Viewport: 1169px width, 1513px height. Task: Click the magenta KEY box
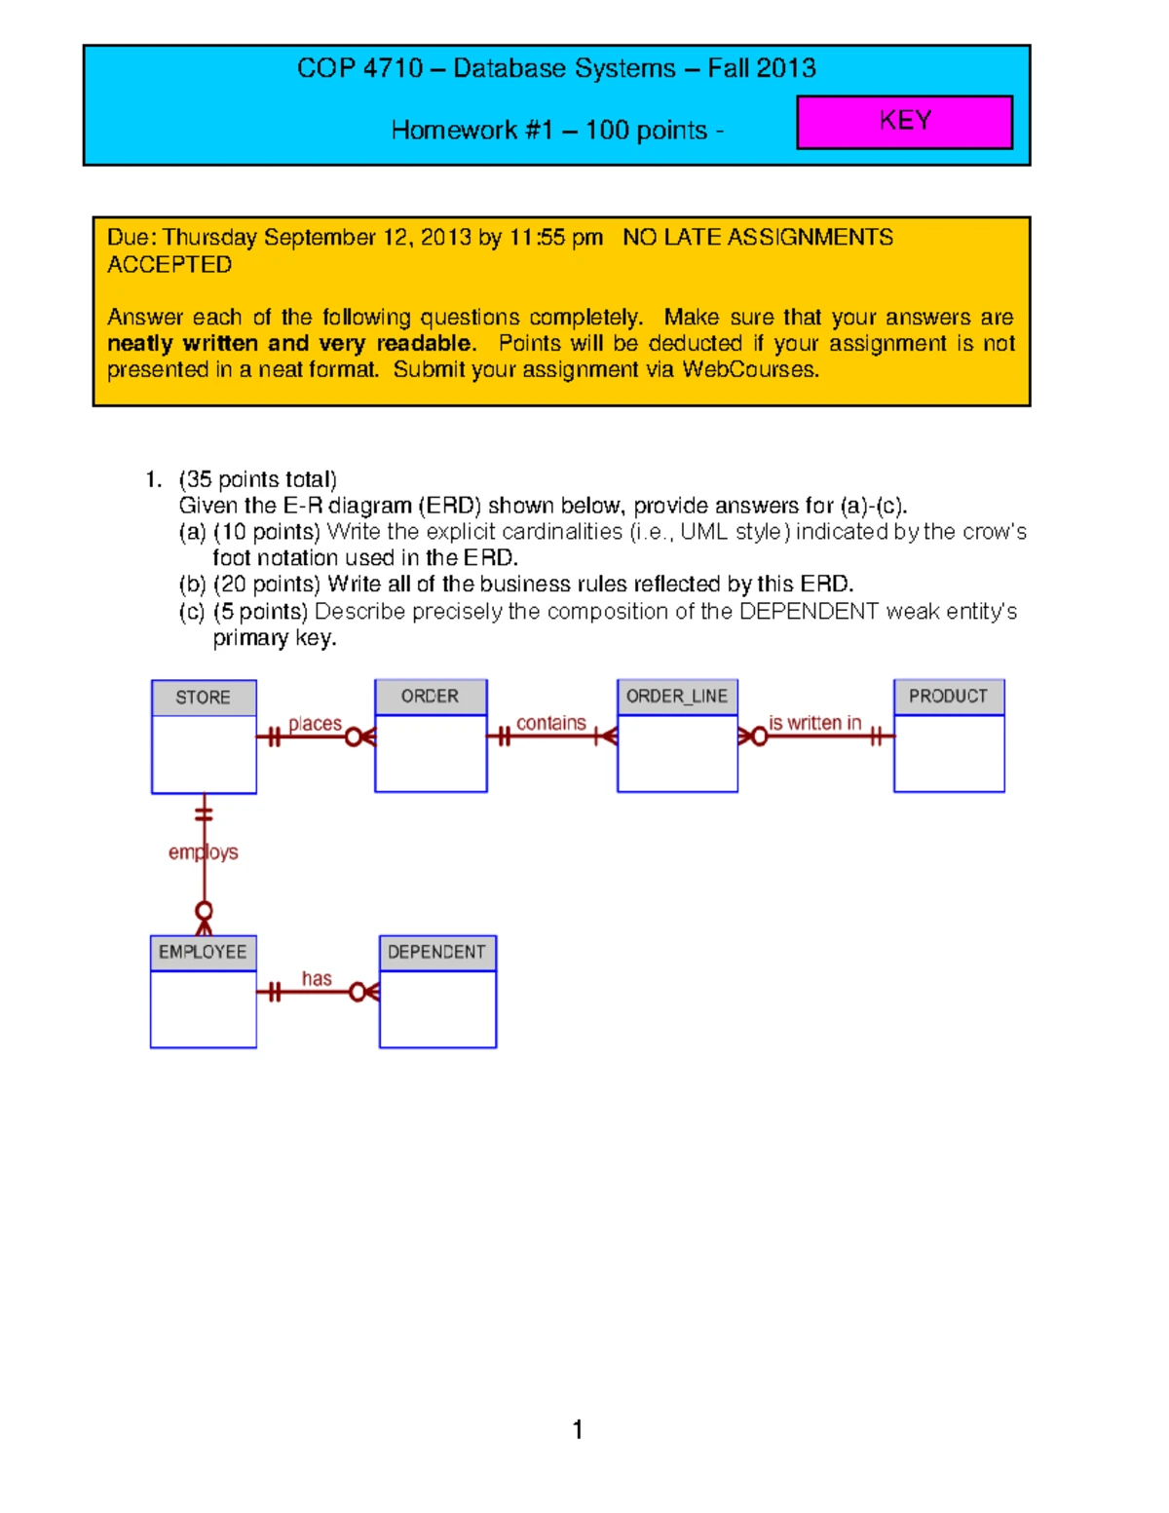coord(904,122)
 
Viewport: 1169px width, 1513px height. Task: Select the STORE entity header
coord(204,698)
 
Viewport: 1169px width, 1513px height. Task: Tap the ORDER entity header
coord(430,697)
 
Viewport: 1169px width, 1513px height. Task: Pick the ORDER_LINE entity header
coord(677,697)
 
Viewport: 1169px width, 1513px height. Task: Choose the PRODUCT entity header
coord(948,697)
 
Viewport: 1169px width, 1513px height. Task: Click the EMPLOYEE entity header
coord(203,952)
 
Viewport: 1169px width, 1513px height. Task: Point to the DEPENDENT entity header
coord(436,952)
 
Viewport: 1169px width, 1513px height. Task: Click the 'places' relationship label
coord(315,724)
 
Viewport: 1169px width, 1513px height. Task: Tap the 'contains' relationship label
coord(550,723)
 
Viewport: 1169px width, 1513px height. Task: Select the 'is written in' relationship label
coord(814,723)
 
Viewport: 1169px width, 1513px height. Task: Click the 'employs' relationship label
coord(203,852)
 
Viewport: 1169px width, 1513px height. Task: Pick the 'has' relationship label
coord(317,978)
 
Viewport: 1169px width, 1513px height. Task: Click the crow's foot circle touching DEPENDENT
coord(358,992)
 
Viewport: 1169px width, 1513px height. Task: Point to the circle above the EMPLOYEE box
coord(204,911)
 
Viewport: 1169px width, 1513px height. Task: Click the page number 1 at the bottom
coord(578,1429)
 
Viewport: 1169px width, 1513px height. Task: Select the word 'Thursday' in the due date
coord(210,238)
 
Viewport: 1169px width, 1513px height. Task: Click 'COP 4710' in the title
coord(359,68)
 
